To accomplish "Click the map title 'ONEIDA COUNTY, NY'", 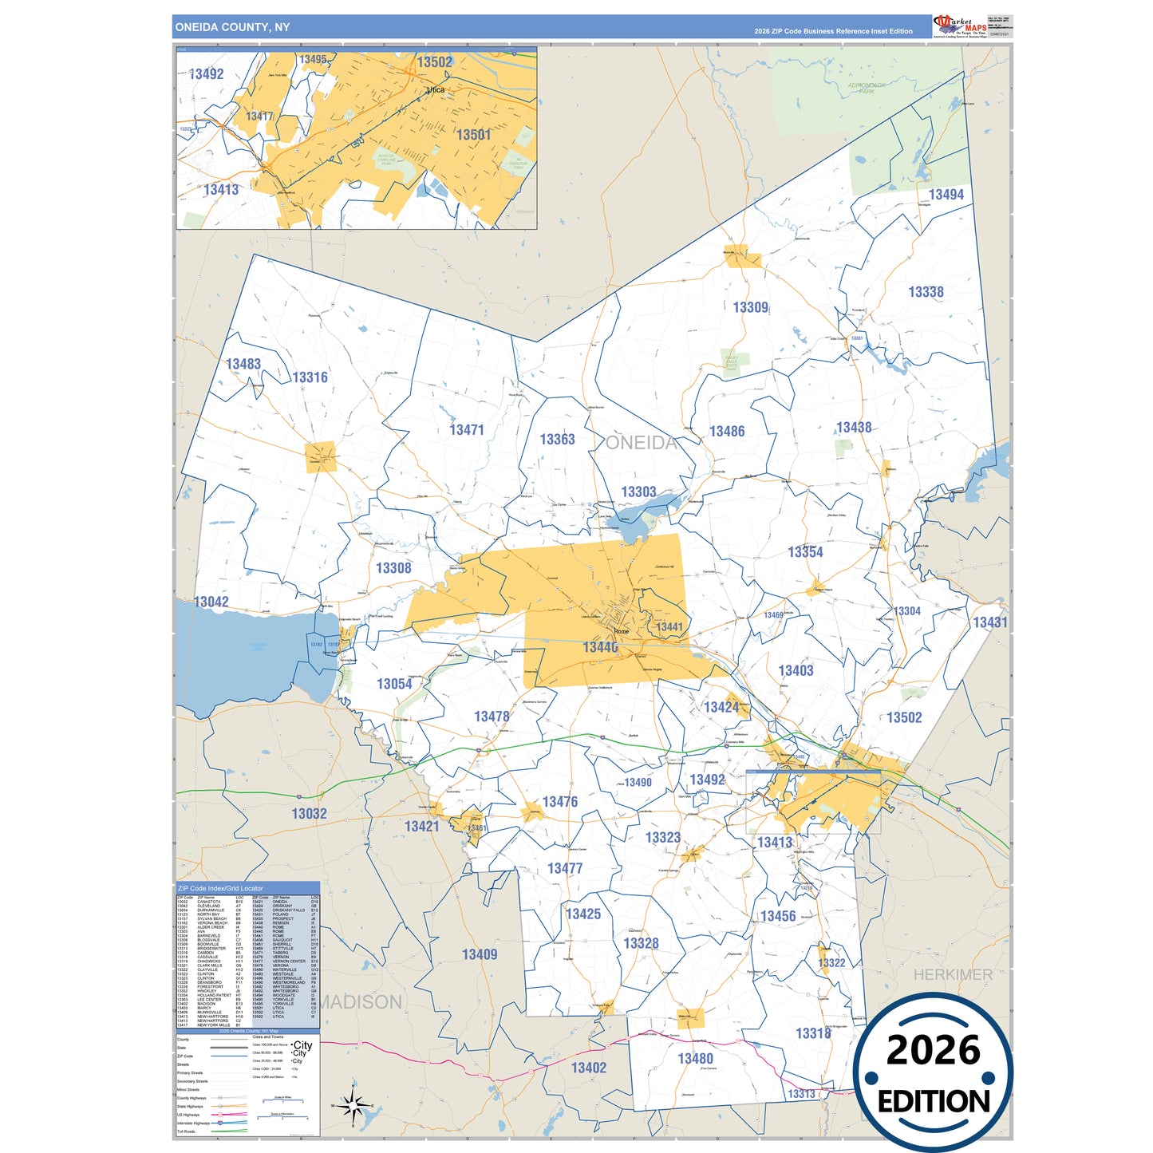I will (x=232, y=27).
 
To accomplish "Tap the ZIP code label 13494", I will (x=946, y=195).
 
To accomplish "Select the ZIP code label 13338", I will (x=926, y=292).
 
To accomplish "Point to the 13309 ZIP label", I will (x=750, y=307).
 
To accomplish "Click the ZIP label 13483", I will (x=243, y=364).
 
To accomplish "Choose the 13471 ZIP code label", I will (x=467, y=430).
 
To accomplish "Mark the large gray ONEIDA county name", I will (x=642, y=443).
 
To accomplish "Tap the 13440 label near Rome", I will (x=600, y=647).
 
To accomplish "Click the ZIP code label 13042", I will (x=211, y=602).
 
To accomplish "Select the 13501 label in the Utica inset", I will (x=473, y=135).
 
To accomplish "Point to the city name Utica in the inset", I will (x=436, y=89).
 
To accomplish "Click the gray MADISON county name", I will (x=361, y=1001).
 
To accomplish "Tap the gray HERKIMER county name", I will (x=953, y=974).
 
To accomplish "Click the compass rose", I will (x=353, y=1105).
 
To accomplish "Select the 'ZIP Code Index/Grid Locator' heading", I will (x=220, y=888).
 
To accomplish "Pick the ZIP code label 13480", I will (x=695, y=1058).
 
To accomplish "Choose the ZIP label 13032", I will (x=309, y=814).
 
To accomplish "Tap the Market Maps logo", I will (x=960, y=26).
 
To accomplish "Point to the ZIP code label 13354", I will (x=805, y=552).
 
